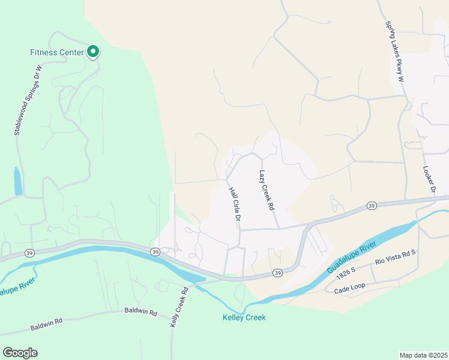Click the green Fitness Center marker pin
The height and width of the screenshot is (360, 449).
tap(93, 52)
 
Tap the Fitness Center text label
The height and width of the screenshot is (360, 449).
tap(56, 52)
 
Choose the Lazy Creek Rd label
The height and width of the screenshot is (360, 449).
tap(267, 190)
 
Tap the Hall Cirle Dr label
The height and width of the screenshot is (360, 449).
tap(234, 204)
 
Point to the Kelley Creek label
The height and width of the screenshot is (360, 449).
tap(244, 317)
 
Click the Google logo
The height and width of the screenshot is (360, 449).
tap(20, 353)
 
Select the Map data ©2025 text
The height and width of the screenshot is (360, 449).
tap(423, 355)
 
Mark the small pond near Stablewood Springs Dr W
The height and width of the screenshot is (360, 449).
tap(18, 180)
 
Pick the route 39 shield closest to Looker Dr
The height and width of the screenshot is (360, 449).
tap(372, 206)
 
